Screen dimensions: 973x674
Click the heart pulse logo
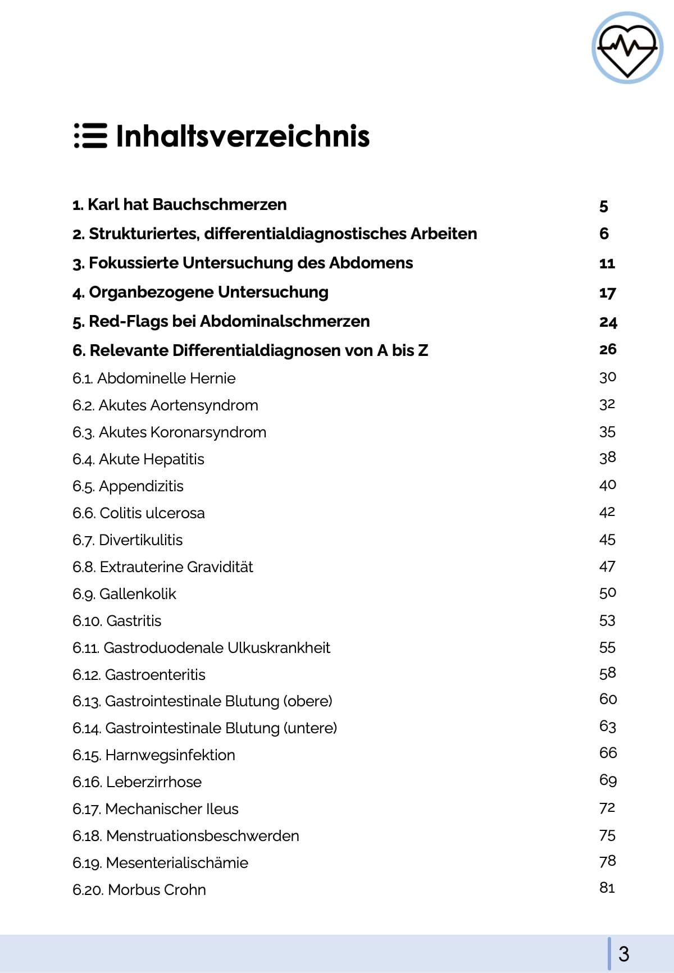[x=627, y=48]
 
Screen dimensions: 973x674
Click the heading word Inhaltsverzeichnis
[x=243, y=136]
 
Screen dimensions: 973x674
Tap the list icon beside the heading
[x=90, y=136]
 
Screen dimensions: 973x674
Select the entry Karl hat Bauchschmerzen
[x=180, y=204]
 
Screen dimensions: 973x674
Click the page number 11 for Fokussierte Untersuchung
[x=607, y=263]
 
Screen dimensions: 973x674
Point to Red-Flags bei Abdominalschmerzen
[x=221, y=321]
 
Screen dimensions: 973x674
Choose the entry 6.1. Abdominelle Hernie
[x=154, y=378]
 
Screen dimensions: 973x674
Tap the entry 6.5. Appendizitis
[x=128, y=486]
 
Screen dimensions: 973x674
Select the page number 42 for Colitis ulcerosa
[x=607, y=512]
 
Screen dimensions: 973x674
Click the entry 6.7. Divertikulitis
[x=127, y=540]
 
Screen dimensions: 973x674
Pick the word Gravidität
[x=220, y=567]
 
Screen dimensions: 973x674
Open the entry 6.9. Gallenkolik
[x=124, y=594]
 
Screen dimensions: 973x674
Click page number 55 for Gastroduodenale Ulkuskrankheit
[x=607, y=647]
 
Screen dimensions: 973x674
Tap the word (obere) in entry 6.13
[x=308, y=701]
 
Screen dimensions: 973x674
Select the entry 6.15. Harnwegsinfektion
[x=154, y=755]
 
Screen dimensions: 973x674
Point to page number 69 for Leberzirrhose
[x=608, y=780]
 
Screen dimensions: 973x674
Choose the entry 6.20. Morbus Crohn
[x=139, y=890]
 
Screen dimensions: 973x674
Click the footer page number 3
[x=623, y=954]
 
